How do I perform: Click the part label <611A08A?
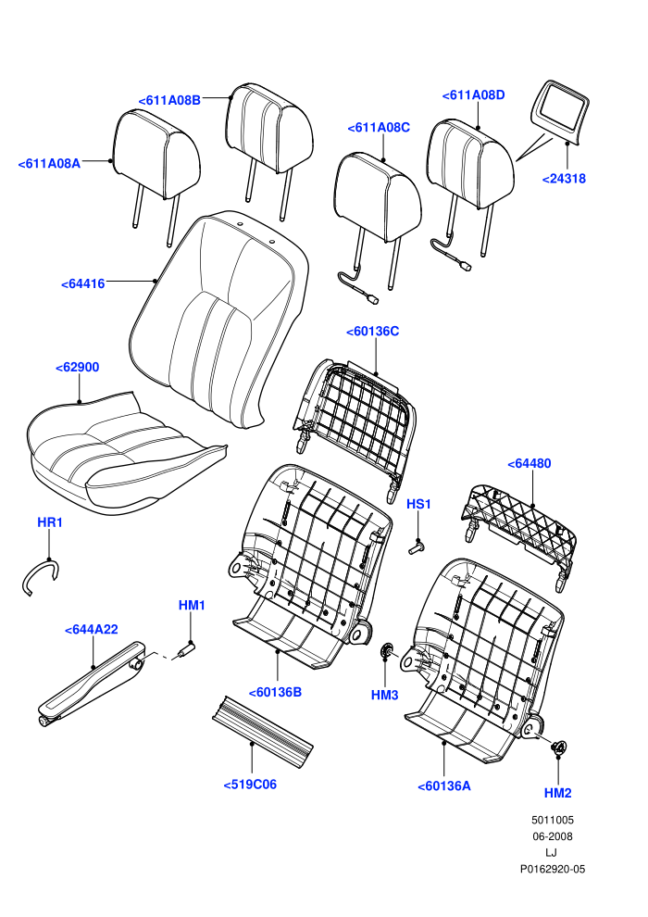(50, 164)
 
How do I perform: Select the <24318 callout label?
(564, 179)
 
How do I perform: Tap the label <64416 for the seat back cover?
(83, 284)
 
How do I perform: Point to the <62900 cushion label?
(78, 368)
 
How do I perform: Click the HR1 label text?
(50, 522)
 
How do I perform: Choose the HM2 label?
(557, 793)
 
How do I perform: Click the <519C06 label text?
(250, 785)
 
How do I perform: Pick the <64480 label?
(530, 464)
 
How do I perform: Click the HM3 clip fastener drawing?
(386, 649)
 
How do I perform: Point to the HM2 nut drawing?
(559, 747)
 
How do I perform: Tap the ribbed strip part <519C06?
(261, 730)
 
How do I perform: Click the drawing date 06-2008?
(552, 837)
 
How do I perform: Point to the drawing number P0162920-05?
(553, 870)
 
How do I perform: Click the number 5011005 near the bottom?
(553, 821)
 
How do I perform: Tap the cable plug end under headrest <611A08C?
(371, 299)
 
